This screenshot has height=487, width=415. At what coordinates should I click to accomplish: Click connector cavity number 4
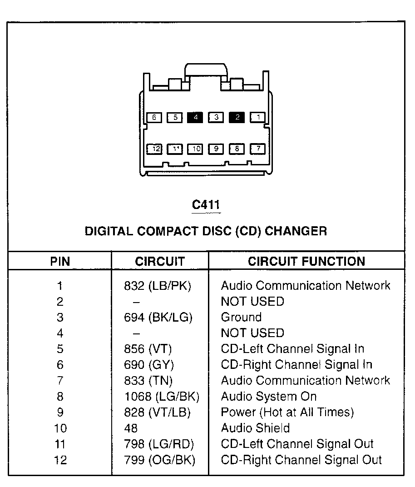[195, 118]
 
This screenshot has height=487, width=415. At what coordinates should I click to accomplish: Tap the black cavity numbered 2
[237, 118]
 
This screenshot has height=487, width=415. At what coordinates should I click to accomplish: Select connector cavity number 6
[154, 118]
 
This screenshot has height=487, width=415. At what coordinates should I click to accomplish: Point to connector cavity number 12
[155, 149]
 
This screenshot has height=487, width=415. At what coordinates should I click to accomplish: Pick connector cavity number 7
[258, 149]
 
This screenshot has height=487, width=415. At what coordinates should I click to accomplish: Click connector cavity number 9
[216, 149]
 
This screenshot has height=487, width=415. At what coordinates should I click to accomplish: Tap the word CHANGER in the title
[296, 231]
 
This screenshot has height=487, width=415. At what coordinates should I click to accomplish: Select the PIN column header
[60, 262]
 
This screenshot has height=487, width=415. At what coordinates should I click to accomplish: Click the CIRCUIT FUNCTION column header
[306, 262]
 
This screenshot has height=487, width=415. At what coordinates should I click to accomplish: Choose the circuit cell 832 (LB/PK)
[158, 286]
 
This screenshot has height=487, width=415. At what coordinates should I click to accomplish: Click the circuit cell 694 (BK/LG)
[158, 318]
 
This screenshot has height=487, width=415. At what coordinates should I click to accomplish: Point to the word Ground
[241, 318]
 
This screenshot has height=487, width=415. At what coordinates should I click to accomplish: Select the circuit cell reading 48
[131, 428]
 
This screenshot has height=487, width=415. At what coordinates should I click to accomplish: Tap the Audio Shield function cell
[255, 428]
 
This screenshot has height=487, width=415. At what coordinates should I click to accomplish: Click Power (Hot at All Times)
[287, 412]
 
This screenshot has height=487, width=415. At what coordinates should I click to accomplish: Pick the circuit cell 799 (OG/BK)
[159, 460]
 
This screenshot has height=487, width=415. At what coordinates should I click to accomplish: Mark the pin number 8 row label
[60, 397]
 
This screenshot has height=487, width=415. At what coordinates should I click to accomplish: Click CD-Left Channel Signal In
[292, 349]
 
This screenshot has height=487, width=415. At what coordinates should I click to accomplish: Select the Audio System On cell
[269, 397]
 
